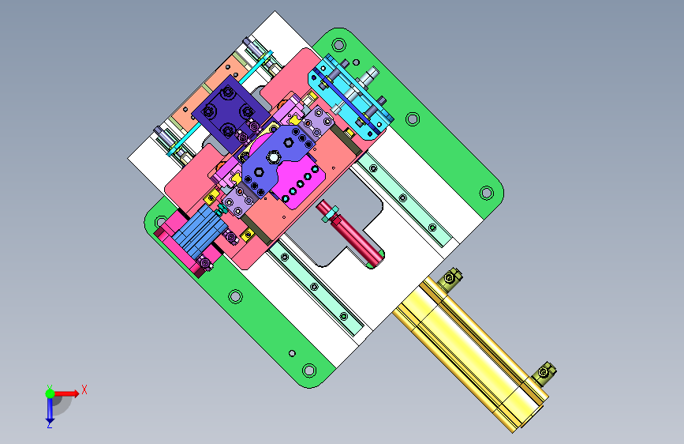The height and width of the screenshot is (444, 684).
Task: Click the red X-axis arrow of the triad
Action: pos(66,393)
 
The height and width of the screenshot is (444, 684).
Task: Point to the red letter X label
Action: pos(84,389)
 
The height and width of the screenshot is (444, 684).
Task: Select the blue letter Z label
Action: pos(49,425)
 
